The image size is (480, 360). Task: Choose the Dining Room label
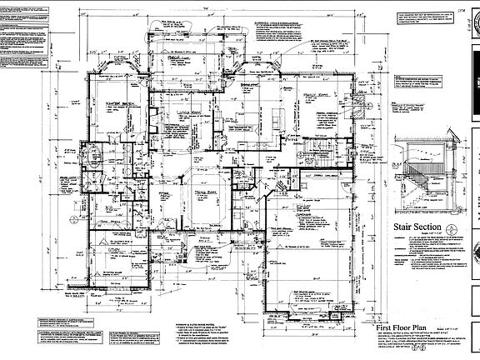196,192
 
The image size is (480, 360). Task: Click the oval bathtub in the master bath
94,156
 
